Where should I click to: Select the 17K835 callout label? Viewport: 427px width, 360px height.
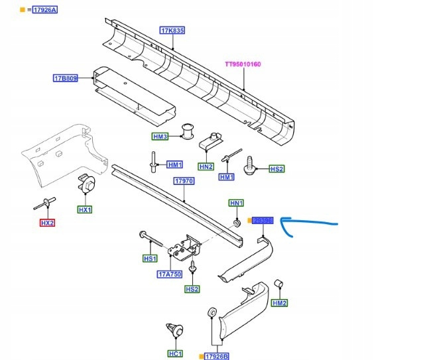[x=172, y=30]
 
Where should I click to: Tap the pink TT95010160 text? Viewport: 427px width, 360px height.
[x=243, y=64]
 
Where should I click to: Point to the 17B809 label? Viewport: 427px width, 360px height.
[x=66, y=78]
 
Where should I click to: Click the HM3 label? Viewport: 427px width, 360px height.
[x=160, y=137]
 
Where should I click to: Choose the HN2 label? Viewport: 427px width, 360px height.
[x=206, y=166]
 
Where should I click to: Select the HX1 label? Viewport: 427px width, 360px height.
[x=86, y=210]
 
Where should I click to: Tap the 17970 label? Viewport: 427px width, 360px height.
[x=184, y=181]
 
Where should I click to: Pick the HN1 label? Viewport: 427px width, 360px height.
[x=237, y=202]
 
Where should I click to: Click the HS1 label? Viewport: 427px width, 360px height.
[x=150, y=258]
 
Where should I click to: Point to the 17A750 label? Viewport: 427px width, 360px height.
[x=169, y=274]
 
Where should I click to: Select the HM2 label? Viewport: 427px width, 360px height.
[x=280, y=303]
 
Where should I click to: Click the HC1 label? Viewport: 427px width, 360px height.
[x=175, y=354]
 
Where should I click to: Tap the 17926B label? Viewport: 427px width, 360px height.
[x=216, y=357]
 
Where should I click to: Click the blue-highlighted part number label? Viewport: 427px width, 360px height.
[x=263, y=220]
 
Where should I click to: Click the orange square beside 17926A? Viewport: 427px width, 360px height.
[x=22, y=10]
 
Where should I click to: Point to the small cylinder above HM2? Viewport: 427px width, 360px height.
[x=279, y=285]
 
